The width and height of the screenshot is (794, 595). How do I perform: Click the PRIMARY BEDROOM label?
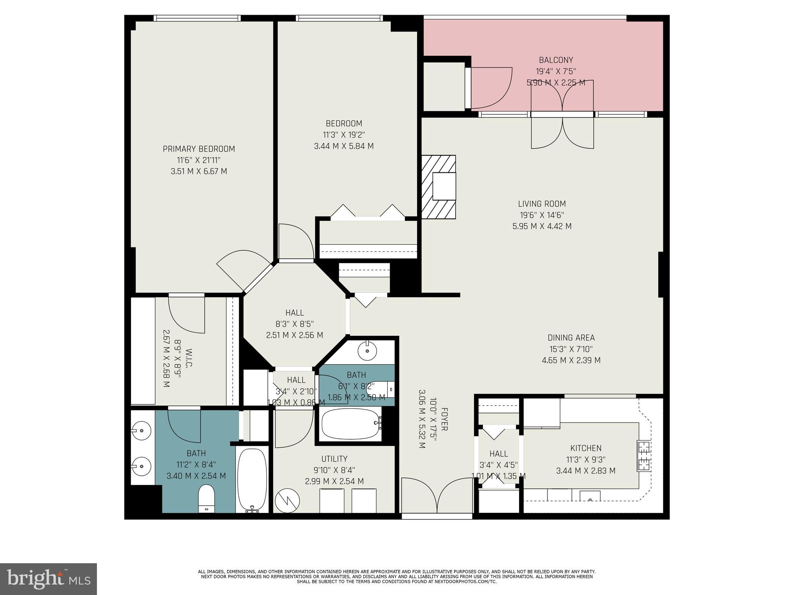coord(198,149)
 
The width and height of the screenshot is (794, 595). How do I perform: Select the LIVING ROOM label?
coord(542,204)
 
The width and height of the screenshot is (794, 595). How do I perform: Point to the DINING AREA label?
coord(571,338)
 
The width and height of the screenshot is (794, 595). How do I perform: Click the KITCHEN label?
coord(585,448)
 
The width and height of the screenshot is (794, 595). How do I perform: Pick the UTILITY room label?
coord(334,459)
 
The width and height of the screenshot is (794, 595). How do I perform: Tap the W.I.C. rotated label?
coord(189,358)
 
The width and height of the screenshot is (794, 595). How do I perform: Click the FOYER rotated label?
coord(444,419)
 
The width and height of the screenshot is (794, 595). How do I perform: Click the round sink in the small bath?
coord(367,351)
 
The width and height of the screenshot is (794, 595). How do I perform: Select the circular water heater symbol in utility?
coord(287,500)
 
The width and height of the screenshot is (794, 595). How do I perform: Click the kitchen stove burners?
coord(644,456)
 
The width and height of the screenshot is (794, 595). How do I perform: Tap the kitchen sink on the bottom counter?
coord(590,497)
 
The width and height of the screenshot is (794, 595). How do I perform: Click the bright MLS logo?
coord(48,579)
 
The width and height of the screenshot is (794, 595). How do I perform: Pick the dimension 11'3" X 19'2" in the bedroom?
coord(343,135)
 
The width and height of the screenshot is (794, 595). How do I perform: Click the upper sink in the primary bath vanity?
coord(140,430)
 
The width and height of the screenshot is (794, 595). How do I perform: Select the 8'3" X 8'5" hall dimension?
coord(294,324)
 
